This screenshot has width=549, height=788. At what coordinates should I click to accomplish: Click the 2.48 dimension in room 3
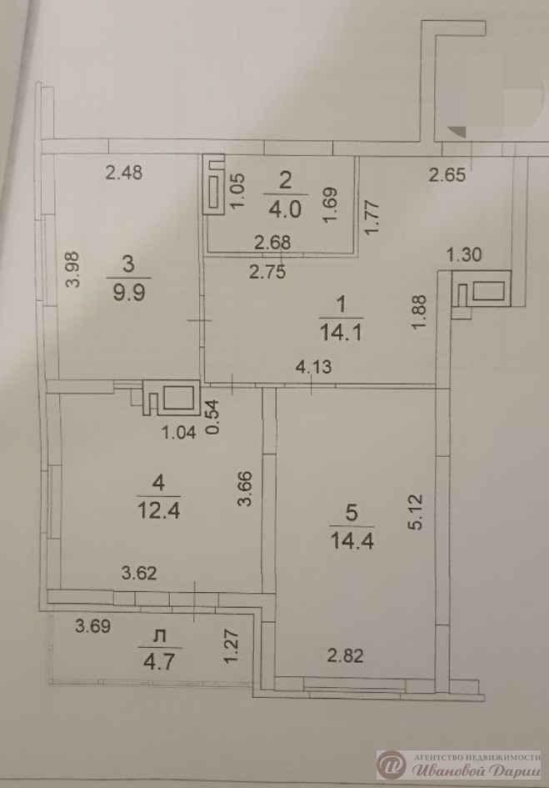coord(124,173)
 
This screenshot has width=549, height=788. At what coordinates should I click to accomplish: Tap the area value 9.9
coord(128,292)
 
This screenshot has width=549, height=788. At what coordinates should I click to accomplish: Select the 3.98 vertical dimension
coord(73,269)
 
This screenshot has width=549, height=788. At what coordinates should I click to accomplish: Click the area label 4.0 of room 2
coord(285,209)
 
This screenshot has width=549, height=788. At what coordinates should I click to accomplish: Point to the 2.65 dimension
coord(447,174)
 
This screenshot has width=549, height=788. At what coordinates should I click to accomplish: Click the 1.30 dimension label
coord(464,255)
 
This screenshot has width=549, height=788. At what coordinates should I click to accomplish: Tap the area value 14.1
coord(341,332)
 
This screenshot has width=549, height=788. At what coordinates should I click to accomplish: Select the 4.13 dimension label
coord(313,367)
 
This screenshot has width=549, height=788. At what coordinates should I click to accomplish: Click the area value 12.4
coord(159,510)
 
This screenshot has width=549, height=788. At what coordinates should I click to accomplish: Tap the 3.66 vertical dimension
coord(245,489)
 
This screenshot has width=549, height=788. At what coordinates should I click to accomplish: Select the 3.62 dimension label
coord(139,572)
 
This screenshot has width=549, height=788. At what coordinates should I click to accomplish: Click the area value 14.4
coord(352,540)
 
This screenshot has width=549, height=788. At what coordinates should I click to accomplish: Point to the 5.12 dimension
coord(417,512)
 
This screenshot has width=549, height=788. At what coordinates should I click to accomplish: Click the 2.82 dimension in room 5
coord(345,655)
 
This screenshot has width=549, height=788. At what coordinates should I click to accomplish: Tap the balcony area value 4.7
coord(159,661)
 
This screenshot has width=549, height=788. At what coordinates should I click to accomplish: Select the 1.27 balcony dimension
coord(231,647)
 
